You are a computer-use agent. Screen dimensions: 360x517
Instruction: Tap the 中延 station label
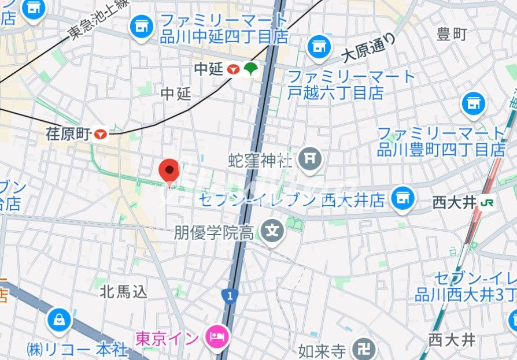[x=208, y=69]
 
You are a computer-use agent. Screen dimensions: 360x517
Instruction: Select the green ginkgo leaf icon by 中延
[x=250, y=69]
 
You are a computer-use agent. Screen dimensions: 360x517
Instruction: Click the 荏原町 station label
[x=69, y=135]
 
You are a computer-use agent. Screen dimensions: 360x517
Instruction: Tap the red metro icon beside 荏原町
[x=101, y=135]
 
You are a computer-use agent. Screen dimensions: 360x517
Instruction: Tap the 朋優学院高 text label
[x=214, y=233]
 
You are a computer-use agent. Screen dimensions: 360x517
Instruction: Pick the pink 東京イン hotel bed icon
[x=219, y=336]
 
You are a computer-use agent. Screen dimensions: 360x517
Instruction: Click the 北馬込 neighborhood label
[x=124, y=291]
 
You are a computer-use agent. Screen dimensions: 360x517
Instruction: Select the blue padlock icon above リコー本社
[x=60, y=320]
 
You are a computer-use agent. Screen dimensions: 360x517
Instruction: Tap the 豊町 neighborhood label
[x=452, y=34]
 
